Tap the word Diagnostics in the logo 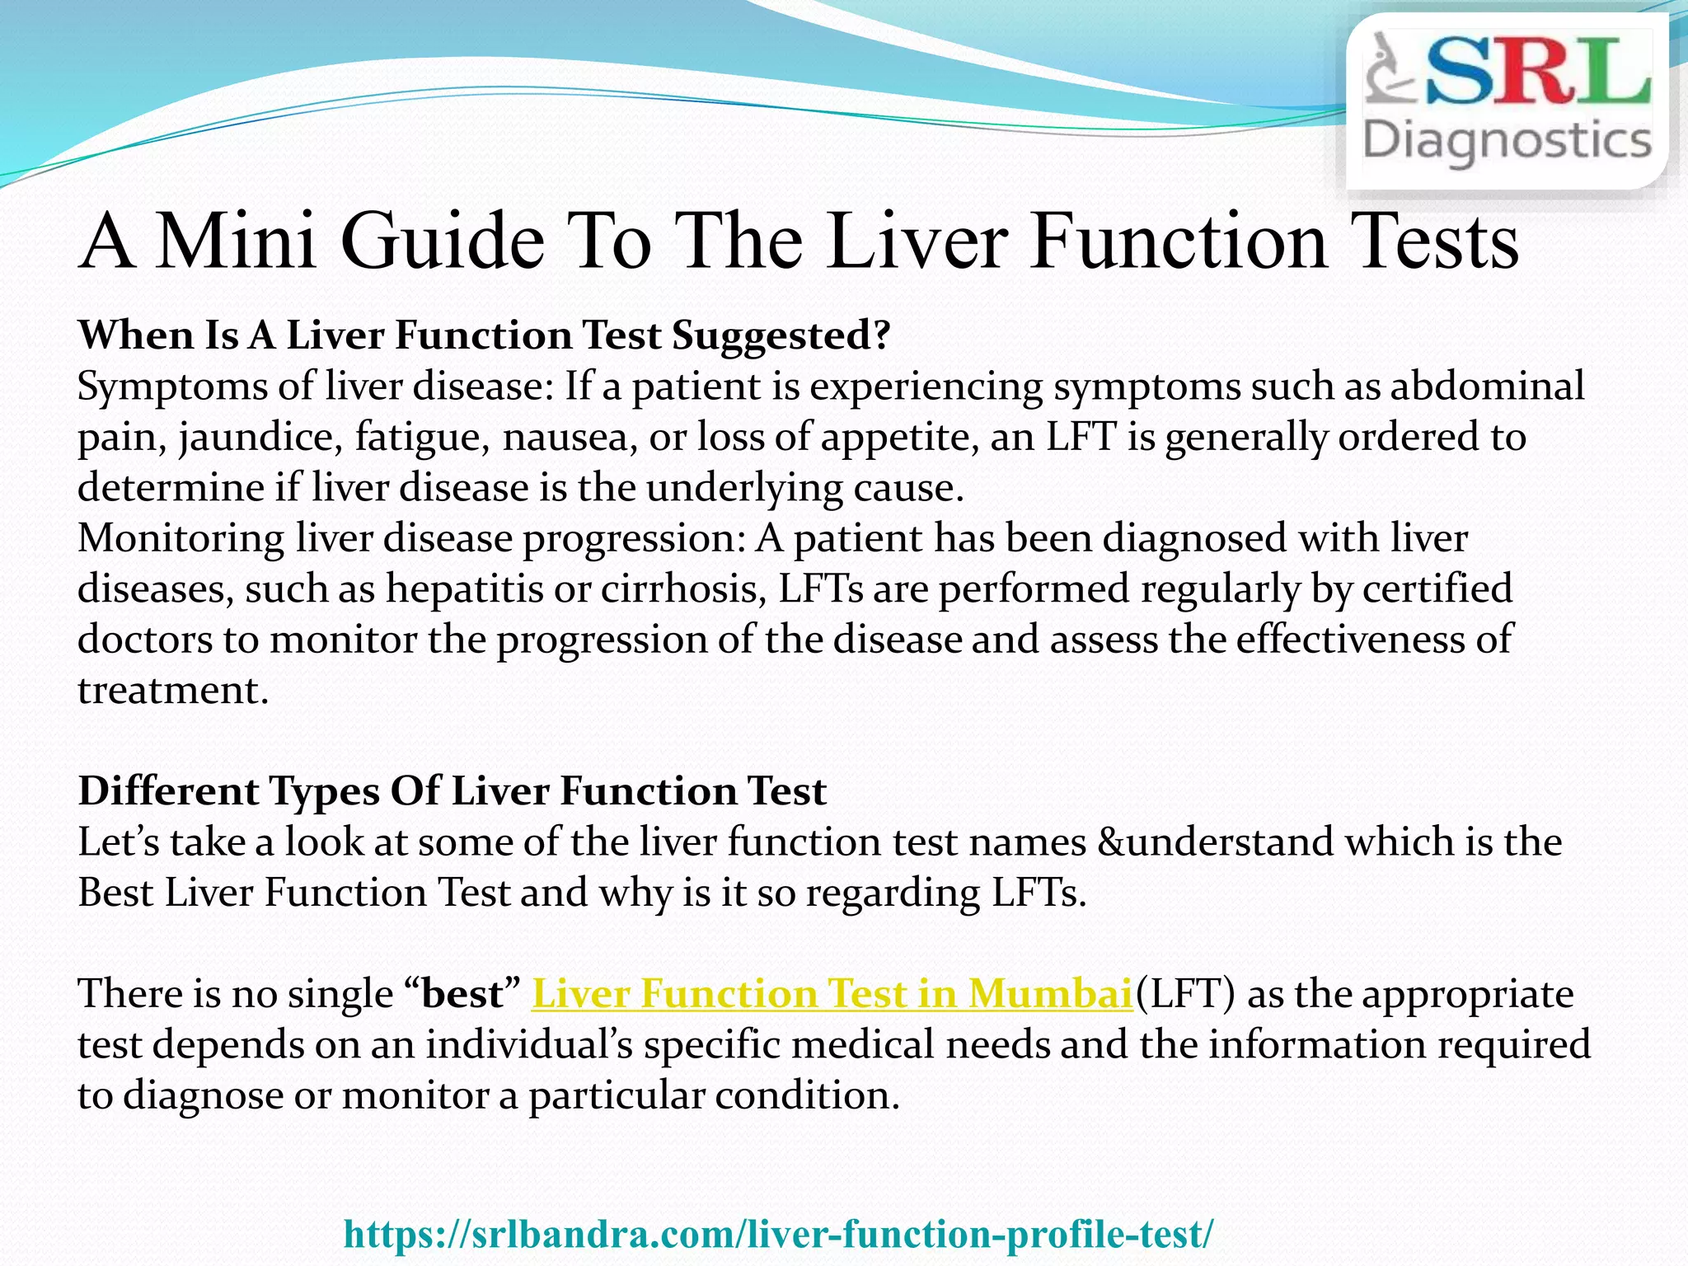pos(1507,142)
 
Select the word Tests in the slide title pos(1438,241)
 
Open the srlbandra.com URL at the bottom pos(778,1234)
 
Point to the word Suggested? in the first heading pos(781,336)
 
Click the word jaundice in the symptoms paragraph pos(260,438)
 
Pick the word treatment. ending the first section pos(173,691)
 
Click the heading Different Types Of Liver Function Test pos(452,791)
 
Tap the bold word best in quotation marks pos(462,993)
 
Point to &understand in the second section pos(1215,842)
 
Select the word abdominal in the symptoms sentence pos(1487,387)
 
